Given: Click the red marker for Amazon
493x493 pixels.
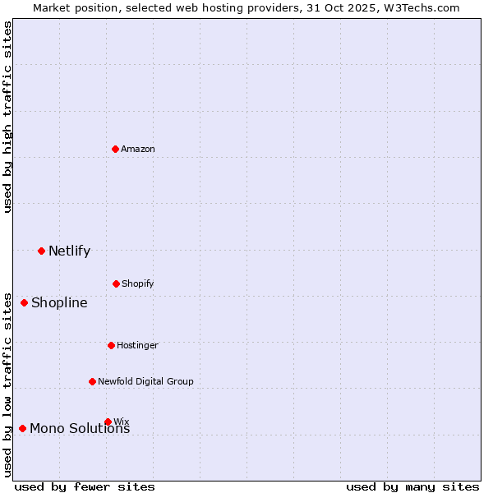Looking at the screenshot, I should click(x=115, y=149).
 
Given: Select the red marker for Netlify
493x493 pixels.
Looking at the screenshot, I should click(x=41, y=251).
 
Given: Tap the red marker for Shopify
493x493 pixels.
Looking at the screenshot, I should click(x=116, y=283).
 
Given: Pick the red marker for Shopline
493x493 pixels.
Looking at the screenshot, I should click(x=24, y=302).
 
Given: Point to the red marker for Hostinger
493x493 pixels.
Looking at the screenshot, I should click(x=111, y=345).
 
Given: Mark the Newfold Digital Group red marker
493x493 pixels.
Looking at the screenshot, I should click(x=92, y=381).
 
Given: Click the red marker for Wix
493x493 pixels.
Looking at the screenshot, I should click(x=108, y=422).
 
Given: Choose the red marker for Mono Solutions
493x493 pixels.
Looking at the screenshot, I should click(x=22, y=428).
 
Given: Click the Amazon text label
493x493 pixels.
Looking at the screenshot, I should click(x=138, y=149).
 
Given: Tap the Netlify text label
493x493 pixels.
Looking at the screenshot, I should click(x=69, y=251).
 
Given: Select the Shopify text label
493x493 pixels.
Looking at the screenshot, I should click(x=138, y=283).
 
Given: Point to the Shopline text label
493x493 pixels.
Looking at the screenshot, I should click(x=59, y=302).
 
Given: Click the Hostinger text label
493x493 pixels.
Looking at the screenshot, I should click(x=137, y=345).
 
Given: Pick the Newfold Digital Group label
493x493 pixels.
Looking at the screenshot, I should click(x=145, y=381).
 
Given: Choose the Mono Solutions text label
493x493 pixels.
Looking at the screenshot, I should click(x=80, y=429).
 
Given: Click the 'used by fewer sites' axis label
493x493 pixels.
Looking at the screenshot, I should click(x=85, y=486).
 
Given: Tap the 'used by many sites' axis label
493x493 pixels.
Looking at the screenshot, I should click(x=412, y=486).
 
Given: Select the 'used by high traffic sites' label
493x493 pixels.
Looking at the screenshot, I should click(x=7, y=117).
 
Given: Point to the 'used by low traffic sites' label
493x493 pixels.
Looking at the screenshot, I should click(x=7, y=385).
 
